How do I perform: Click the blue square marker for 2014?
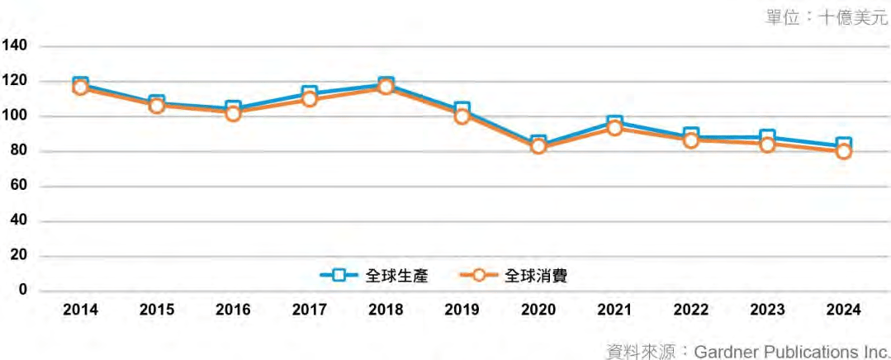tap(80, 83)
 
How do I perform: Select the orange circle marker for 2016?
tap(233, 113)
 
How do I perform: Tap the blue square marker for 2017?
tap(310, 93)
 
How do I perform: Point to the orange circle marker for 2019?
tap(462, 116)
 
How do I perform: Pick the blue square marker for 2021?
tap(615, 123)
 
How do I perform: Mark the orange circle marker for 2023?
tap(768, 144)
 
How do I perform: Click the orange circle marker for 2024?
tap(844, 151)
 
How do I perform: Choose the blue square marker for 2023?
tap(768, 137)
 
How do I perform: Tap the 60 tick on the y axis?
tap(18, 186)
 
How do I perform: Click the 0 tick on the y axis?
tap(22, 291)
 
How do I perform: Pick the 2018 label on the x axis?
tap(386, 310)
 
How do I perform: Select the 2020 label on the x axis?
tap(538, 310)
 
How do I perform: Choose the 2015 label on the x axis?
tap(157, 310)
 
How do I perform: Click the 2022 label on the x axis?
tap(691, 310)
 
